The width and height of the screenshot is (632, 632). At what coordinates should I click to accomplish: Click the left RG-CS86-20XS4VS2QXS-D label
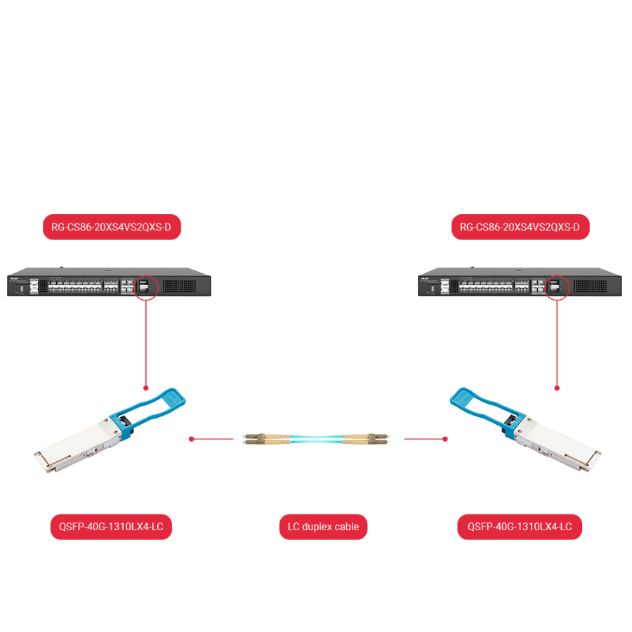pyautogui.click(x=112, y=227)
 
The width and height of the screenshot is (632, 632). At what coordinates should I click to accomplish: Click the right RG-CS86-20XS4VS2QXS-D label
pyautogui.click(x=520, y=227)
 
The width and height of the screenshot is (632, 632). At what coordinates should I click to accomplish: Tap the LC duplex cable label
pyautogui.click(x=323, y=527)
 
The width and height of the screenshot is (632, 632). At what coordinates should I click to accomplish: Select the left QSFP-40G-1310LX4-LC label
pyautogui.click(x=111, y=527)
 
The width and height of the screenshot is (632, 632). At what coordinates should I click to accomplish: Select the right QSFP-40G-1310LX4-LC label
pyautogui.click(x=520, y=527)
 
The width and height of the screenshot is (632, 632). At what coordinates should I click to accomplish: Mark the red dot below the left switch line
pyautogui.click(x=146, y=388)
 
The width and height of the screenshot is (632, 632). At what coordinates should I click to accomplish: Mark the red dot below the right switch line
pyautogui.click(x=557, y=388)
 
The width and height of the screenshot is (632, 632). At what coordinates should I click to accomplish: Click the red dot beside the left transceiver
pyautogui.click(x=191, y=440)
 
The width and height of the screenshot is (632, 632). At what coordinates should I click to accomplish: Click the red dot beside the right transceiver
pyautogui.click(x=445, y=440)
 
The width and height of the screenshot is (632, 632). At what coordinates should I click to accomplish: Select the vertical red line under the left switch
pyautogui.click(x=146, y=344)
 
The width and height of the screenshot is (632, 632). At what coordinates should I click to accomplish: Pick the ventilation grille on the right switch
pyautogui.click(x=595, y=286)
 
